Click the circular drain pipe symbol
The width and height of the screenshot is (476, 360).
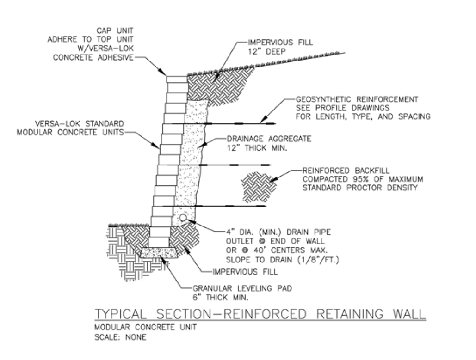(x=183, y=217)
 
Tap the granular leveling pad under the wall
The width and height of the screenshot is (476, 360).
(x=160, y=252)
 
